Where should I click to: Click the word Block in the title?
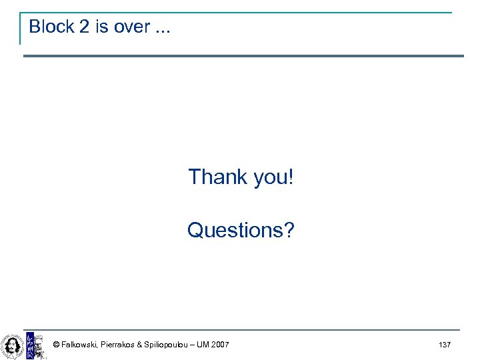pos(51,27)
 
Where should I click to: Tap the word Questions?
pos(241,230)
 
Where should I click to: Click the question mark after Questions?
pos(289,230)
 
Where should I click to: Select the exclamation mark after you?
pos(290,177)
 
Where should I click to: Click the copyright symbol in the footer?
pos(56,345)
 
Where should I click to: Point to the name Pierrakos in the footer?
pos(117,345)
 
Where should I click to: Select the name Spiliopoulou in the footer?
pos(169,345)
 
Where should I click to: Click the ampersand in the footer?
pos(139,345)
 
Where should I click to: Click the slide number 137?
pos(445,345)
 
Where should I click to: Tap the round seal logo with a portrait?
pos(12,345)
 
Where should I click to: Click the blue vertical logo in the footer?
pos(29,345)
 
